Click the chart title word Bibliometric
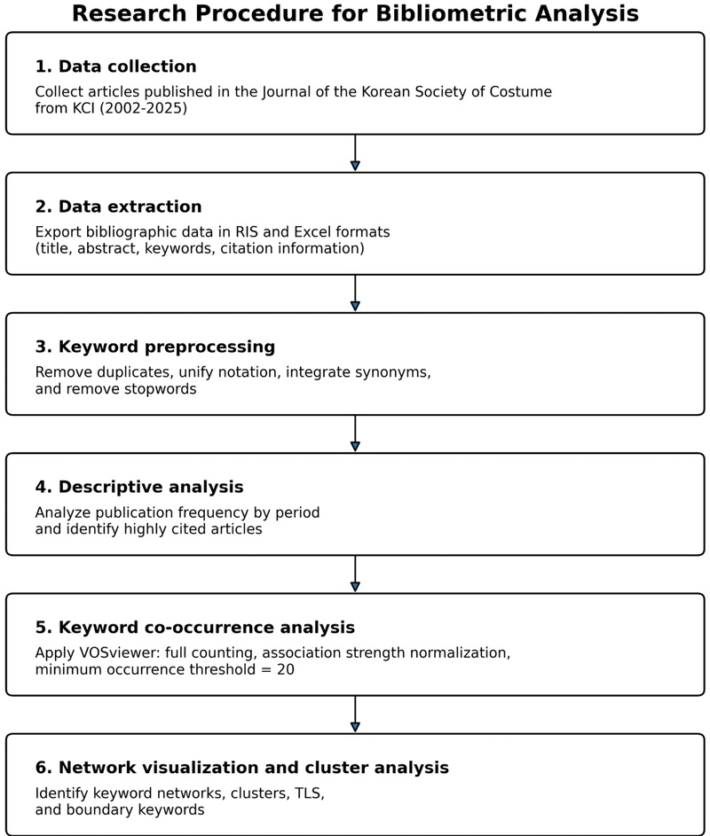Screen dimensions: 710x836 point(452,13)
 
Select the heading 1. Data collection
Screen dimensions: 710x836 point(116,66)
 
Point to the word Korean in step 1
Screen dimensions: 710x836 point(386,91)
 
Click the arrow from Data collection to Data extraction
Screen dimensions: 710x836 point(355,153)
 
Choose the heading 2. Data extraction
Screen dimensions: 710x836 point(119,207)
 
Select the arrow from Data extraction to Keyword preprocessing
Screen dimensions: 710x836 point(355,293)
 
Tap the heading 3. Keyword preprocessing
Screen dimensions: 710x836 point(155,348)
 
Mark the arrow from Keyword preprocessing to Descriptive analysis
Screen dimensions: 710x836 point(355,434)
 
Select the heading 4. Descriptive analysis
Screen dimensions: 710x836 point(139,488)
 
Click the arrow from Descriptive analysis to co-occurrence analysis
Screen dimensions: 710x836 point(355,574)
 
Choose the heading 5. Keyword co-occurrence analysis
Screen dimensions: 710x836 point(195,628)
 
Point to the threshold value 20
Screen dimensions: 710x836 point(286,669)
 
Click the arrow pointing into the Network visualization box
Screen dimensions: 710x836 point(355,714)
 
